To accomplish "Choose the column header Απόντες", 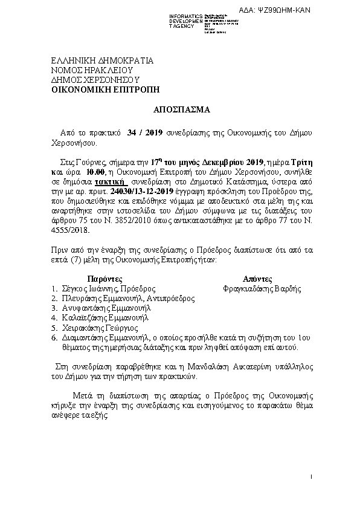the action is [257, 279].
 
